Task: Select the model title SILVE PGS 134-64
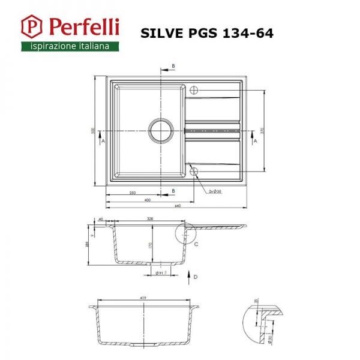(206, 33)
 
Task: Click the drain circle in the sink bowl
(161, 129)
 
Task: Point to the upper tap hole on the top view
(194, 90)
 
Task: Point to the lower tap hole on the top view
(194, 170)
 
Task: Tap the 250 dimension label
(131, 192)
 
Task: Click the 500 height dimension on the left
(93, 131)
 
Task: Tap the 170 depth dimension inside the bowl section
(151, 245)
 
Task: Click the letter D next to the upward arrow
(196, 277)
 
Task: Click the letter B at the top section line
(173, 65)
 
